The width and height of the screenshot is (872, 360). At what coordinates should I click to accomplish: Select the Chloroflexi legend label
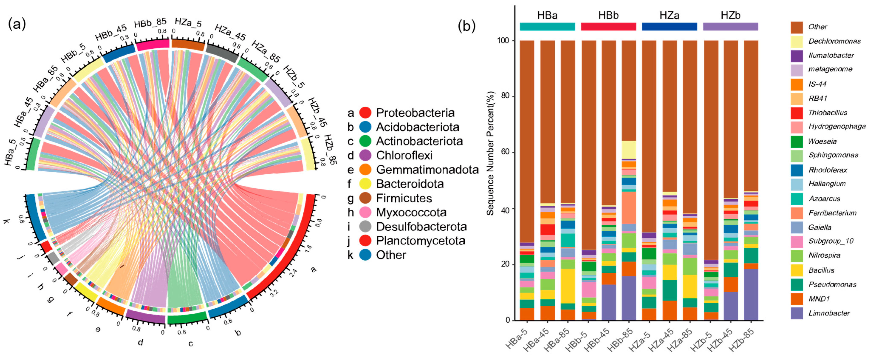coord(404,155)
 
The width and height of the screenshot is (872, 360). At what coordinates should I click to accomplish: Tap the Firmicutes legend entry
coord(404,198)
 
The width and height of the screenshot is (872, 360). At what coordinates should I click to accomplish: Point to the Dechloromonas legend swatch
coord(797,41)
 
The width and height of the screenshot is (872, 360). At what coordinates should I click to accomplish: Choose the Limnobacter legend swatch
coord(797,313)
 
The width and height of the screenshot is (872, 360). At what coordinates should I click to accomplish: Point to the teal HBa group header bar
coord(547,26)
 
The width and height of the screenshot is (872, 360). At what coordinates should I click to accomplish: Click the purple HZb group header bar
coord(731,26)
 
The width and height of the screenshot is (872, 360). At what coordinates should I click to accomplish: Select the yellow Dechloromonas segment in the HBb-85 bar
coord(629,149)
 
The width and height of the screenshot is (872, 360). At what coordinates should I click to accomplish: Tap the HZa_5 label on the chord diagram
coord(188,23)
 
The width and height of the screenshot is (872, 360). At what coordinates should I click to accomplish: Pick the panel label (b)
coord(466,26)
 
